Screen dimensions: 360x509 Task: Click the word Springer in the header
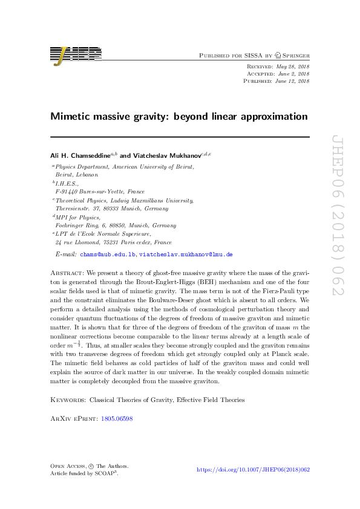pos(293,55)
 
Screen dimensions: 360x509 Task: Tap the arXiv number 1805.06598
pos(116,418)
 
